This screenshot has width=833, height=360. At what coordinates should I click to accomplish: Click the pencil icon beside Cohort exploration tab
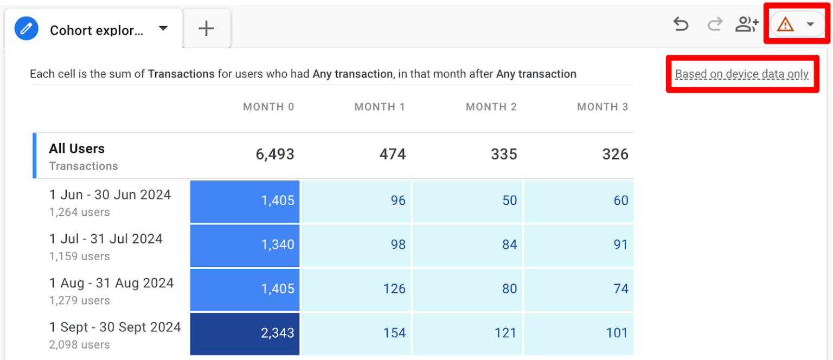pyautogui.click(x=26, y=29)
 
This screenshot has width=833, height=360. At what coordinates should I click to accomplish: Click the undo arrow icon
pyautogui.click(x=681, y=24)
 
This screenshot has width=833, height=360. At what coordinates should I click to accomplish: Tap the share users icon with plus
pyautogui.click(x=747, y=24)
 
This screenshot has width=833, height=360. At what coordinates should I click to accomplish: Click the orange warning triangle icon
pyautogui.click(x=785, y=24)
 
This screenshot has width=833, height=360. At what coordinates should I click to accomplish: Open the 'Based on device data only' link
pyautogui.click(x=741, y=74)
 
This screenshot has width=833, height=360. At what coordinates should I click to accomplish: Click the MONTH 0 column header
pyautogui.click(x=268, y=107)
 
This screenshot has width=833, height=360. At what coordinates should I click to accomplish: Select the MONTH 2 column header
pyautogui.click(x=491, y=107)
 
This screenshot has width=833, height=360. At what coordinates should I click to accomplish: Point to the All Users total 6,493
pyautogui.click(x=275, y=155)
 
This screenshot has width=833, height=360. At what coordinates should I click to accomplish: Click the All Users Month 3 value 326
pyautogui.click(x=615, y=155)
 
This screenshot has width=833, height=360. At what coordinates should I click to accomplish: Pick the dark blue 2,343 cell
pyautogui.click(x=245, y=333)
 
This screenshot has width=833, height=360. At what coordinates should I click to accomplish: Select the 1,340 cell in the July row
pyautogui.click(x=245, y=245)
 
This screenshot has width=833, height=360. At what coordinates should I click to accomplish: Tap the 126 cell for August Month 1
pyautogui.click(x=356, y=288)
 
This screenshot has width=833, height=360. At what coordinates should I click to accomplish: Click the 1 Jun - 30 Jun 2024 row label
pyautogui.click(x=110, y=195)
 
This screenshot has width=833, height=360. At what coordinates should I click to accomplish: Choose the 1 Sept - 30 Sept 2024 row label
pyautogui.click(x=115, y=327)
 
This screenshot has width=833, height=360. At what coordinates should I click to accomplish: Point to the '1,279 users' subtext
pyautogui.click(x=80, y=300)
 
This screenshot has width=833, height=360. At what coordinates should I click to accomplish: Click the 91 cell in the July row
pyautogui.click(x=579, y=245)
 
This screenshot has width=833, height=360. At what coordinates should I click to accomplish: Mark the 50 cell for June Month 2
pyautogui.click(x=467, y=201)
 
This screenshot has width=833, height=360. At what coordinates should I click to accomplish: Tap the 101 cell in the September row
pyautogui.click(x=579, y=333)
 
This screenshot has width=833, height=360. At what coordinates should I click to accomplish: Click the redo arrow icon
pyautogui.click(x=715, y=24)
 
